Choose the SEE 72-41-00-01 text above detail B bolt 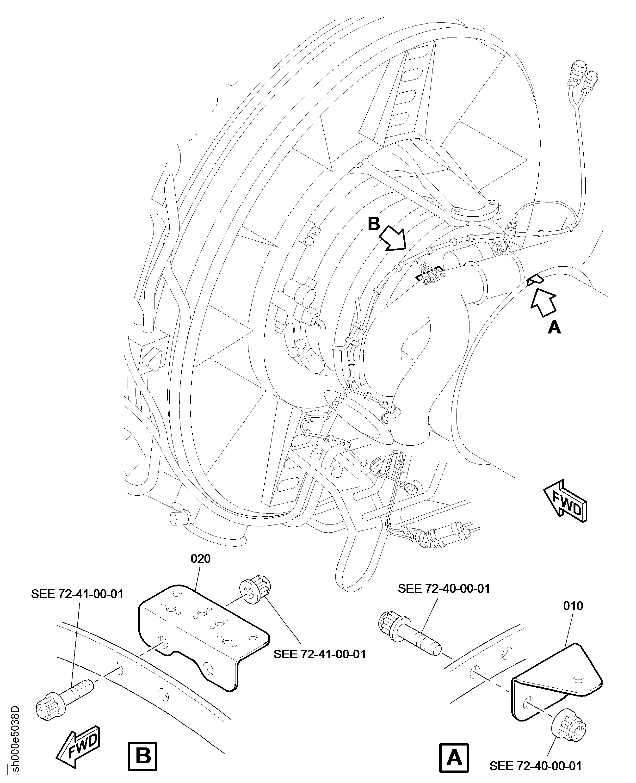point(77,594)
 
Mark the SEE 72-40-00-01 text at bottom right point(535,765)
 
